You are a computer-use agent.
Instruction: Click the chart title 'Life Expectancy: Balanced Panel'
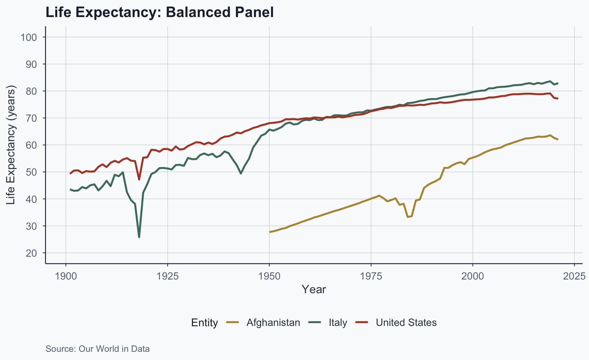click(160, 13)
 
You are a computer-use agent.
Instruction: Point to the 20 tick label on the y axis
click(31, 253)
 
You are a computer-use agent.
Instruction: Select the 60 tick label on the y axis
click(31, 145)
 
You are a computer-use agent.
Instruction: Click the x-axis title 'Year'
click(314, 289)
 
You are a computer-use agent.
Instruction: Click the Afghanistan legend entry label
click(273, 322)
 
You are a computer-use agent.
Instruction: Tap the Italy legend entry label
click(338, 322)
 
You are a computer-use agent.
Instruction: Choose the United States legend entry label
click(406, 322)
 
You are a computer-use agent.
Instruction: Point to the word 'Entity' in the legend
click(205, 322)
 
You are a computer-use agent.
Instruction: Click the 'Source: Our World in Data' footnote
click(97, 349)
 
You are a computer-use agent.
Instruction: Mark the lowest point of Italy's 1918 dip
click(139, 237)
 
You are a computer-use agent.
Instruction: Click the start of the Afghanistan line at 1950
click(270, 232)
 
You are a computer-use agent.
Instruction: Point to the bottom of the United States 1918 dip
click(139, 179)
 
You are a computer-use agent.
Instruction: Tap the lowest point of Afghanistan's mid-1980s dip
click(408, 217)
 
